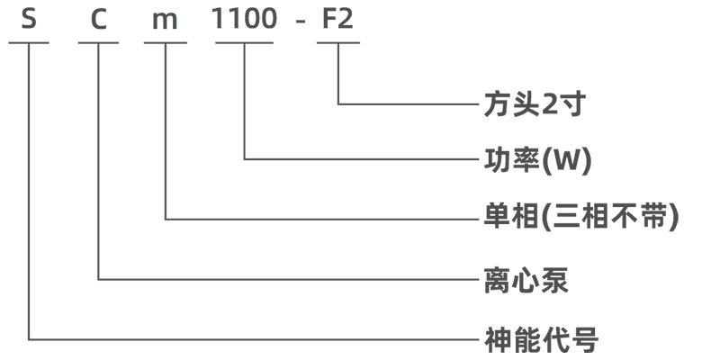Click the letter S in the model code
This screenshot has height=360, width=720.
point(30,19)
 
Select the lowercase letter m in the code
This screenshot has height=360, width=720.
point(166,20)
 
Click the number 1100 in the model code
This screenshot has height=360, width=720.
point(244,19)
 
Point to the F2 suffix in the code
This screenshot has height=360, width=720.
point(337,19)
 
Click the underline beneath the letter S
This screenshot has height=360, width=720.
point(30,41)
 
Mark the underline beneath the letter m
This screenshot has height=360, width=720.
point(166,41)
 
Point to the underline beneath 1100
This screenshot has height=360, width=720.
point(244,41)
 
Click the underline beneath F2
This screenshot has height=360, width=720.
point(337,41)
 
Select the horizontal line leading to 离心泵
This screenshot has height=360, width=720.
point(288,279)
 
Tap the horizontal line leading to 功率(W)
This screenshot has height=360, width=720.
point(360,160)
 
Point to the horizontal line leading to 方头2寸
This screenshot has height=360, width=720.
point(405,104)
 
